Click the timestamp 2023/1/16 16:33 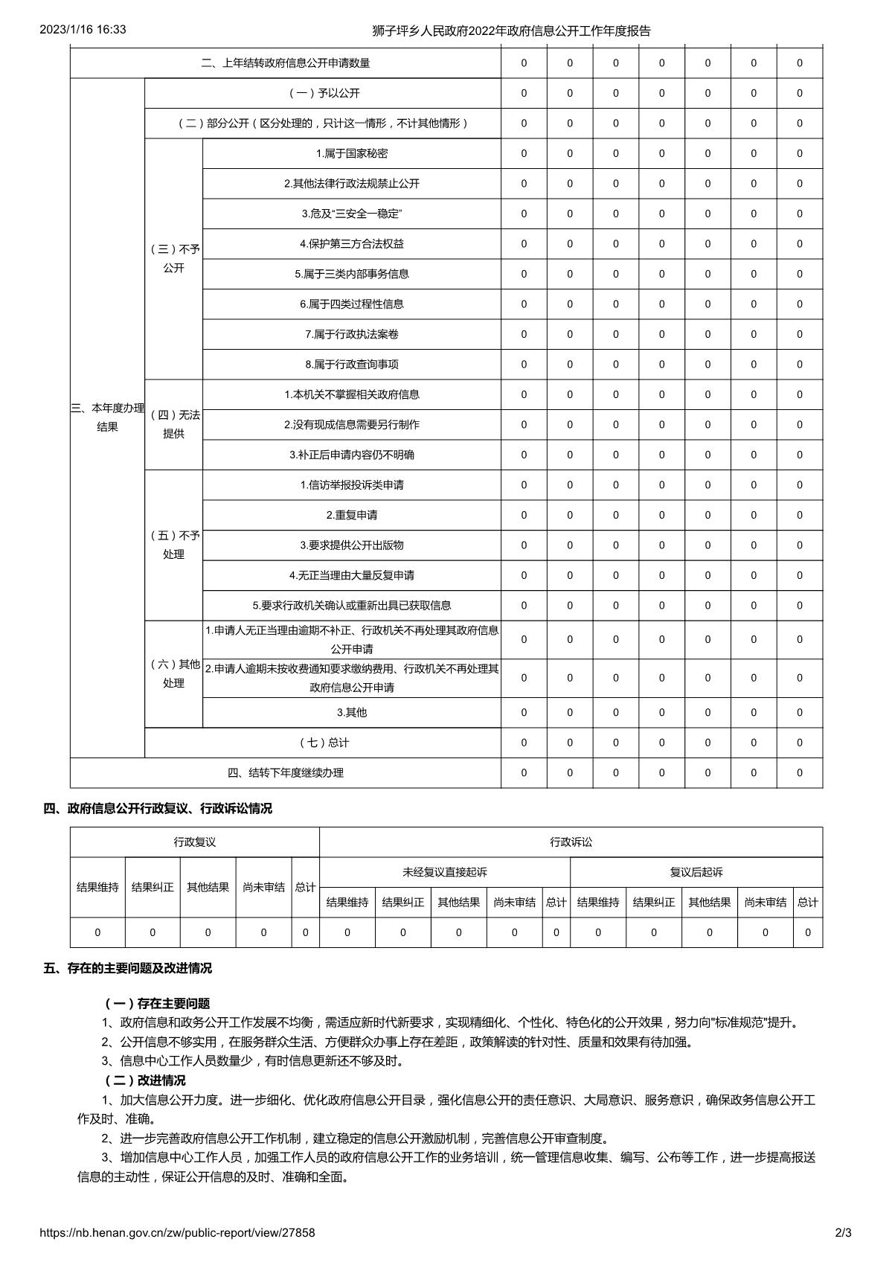[83, 30]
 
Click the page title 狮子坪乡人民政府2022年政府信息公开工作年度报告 [511, 31]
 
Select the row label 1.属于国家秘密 [352, 153]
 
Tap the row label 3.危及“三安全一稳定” [352, 214]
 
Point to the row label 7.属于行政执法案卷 [352, 334]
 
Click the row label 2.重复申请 [352, 515]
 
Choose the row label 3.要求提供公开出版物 [352, 545]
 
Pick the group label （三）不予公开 [174, 258]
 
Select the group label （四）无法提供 [174, 424]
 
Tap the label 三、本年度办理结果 [108, 417]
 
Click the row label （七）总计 [323, 743]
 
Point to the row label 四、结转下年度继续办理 [286, 772]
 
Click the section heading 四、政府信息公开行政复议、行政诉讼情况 [158, 808]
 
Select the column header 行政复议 [195, 842]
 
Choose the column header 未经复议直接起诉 [445, 872]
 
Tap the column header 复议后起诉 [696, 872]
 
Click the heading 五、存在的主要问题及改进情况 [128, 968]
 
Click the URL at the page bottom [178, 1232]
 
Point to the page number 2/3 [843, 1232]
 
